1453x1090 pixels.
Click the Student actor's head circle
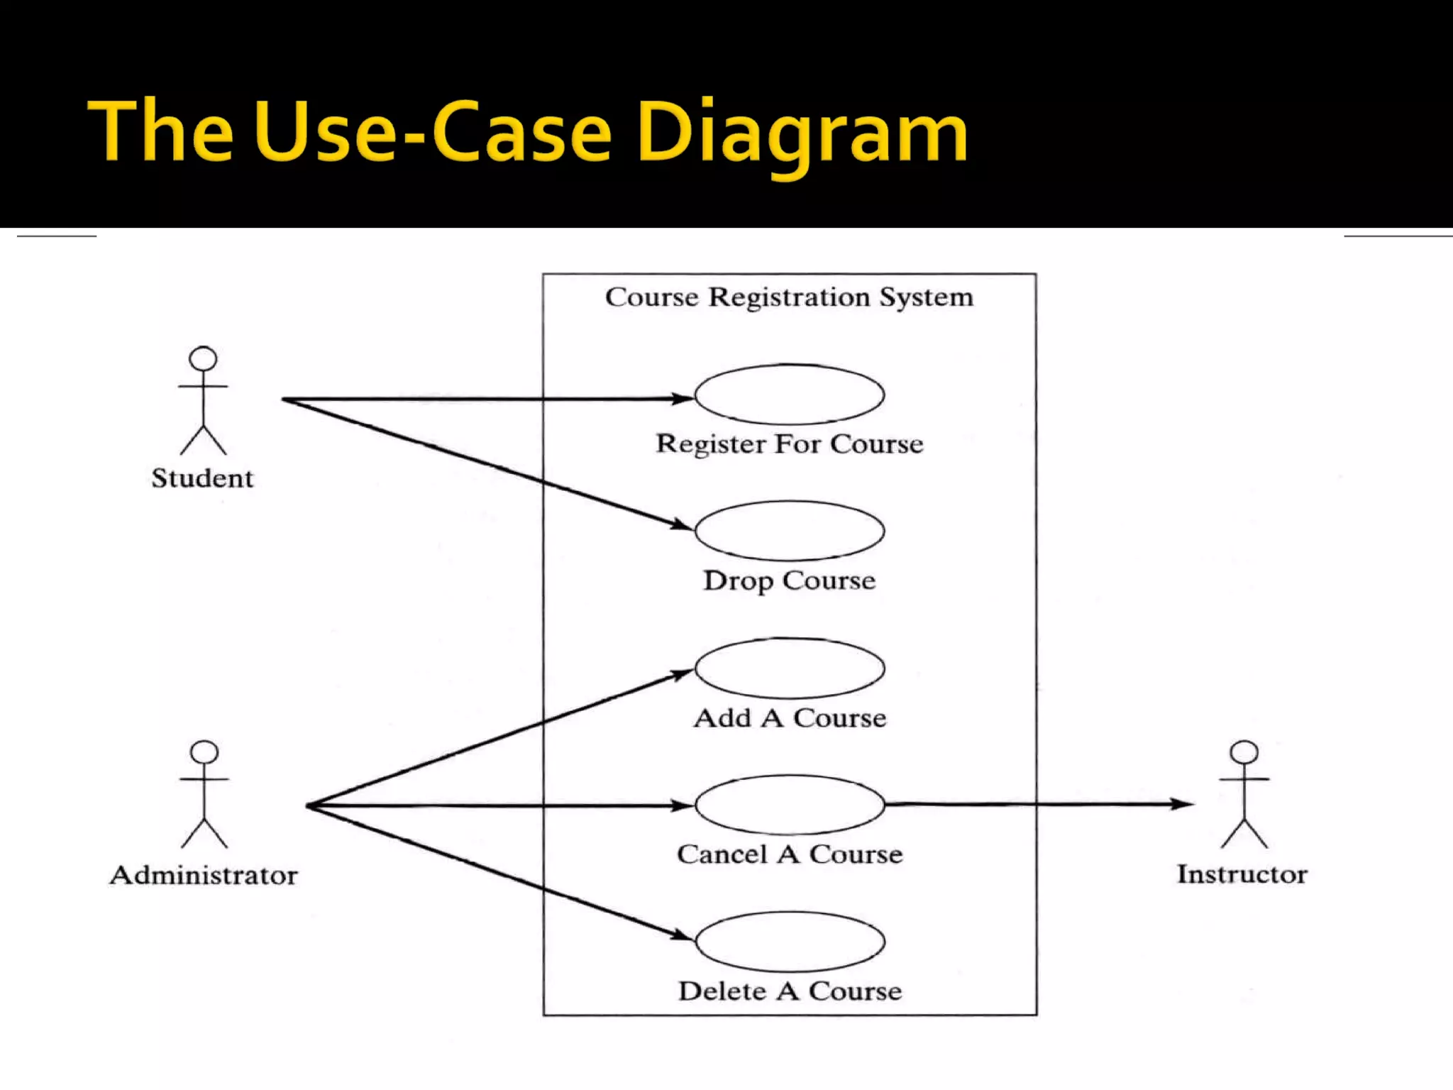(x=203, y=358)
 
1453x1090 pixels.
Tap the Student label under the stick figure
(x=202, y=478)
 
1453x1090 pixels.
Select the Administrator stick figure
(x=204, y=795)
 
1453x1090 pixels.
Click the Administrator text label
(x=204, y=875)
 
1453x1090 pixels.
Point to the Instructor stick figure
(x=1244, y=795)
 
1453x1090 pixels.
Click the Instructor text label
(x=1242, y=874)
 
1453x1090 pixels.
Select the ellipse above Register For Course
(x=789, y=395)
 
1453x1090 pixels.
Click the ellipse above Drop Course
(x=789, y=531)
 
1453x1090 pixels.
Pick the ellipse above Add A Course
(x=789, y=668)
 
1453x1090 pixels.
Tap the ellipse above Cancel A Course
(x=789, y=805)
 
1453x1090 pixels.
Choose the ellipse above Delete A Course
(x=789, y=942)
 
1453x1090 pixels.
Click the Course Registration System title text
(x=789, y=297)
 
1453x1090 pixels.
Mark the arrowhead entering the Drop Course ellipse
(x=683, y=526)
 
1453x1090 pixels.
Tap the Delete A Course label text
(x=790, y=991)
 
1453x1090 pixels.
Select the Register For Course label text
(x=790, y=444)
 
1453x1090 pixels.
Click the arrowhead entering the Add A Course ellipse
(x=683, y=673)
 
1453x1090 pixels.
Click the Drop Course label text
(x=790, y=580)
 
